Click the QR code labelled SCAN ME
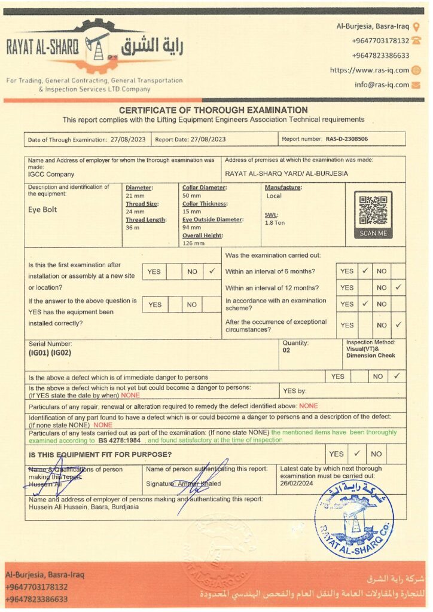[373, 210]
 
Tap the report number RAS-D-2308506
[347, 139]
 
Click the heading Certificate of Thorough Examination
[214, 110]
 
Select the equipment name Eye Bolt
[42, 210]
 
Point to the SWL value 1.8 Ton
[275, 222]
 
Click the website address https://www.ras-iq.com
[369, 70]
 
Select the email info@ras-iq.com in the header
[382, 85]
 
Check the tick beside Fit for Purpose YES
[357, 454]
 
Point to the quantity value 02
[286, 351]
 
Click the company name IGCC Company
[51, 175]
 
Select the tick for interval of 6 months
[365, 271]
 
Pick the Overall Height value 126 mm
[193, 243]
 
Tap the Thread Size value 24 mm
[135, 212]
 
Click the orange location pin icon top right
[416, 26]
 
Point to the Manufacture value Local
[274, 196]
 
